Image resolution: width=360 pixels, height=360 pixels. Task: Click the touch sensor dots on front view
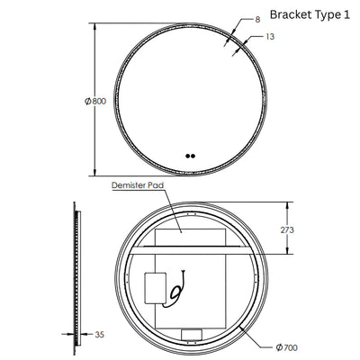coord(189,155)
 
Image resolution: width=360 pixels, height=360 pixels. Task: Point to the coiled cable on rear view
coord(176,288)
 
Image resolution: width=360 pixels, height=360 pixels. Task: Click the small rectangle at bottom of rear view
coord(192,336)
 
